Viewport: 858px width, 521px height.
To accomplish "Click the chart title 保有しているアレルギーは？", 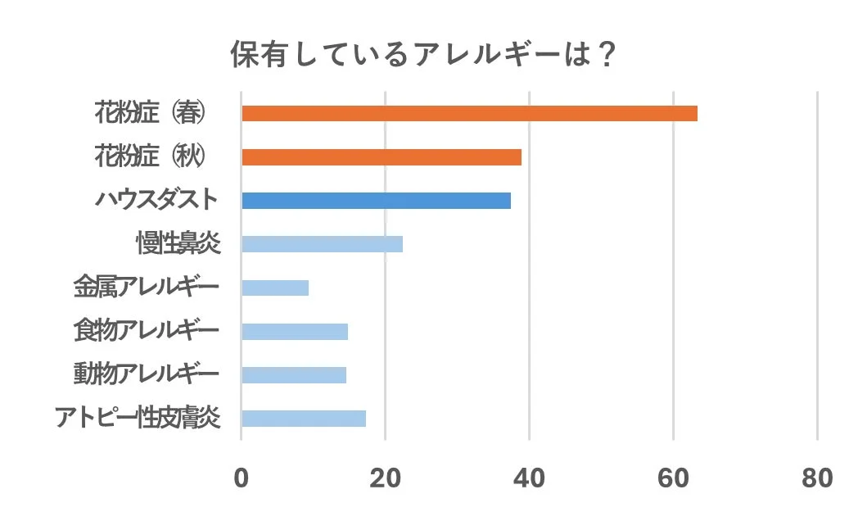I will [422, 56].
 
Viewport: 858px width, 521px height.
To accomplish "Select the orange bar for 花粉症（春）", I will [469, 113].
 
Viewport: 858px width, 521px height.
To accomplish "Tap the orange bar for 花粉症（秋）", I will [382, 157].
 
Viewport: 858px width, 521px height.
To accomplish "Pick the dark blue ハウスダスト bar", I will [376, 201].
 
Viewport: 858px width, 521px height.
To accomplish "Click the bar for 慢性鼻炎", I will [322, 244].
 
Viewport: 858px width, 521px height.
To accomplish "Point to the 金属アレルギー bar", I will [275, 288].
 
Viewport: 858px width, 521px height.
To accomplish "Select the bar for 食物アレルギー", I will [295, 331].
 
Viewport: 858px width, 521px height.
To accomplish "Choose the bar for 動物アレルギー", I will [294, 374].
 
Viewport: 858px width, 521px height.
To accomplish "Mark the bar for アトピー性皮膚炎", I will [304, 419].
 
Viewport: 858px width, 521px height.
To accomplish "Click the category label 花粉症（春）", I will [149, 113].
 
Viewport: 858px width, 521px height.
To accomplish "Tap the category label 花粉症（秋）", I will [149, 156].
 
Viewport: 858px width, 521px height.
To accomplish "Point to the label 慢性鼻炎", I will [178, 244].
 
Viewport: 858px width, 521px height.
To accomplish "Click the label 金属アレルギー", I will [146, 288].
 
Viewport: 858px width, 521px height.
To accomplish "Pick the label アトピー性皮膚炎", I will [138, 418].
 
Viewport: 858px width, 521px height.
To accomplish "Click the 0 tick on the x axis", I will [242, 478].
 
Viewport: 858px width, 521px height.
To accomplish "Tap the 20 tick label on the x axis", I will [386, 478].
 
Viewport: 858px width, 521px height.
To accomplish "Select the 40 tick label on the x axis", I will [530, 478].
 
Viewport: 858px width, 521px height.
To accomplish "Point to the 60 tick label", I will [674, 478].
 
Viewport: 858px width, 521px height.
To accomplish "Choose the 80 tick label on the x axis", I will [818, 478].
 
